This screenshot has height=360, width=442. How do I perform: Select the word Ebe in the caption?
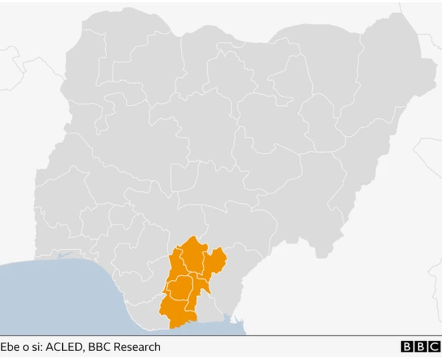(x=10, y=347)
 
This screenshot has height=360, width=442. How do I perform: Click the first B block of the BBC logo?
(x=407, y=347)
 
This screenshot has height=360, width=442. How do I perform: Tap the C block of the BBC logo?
(x=434, y=347)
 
